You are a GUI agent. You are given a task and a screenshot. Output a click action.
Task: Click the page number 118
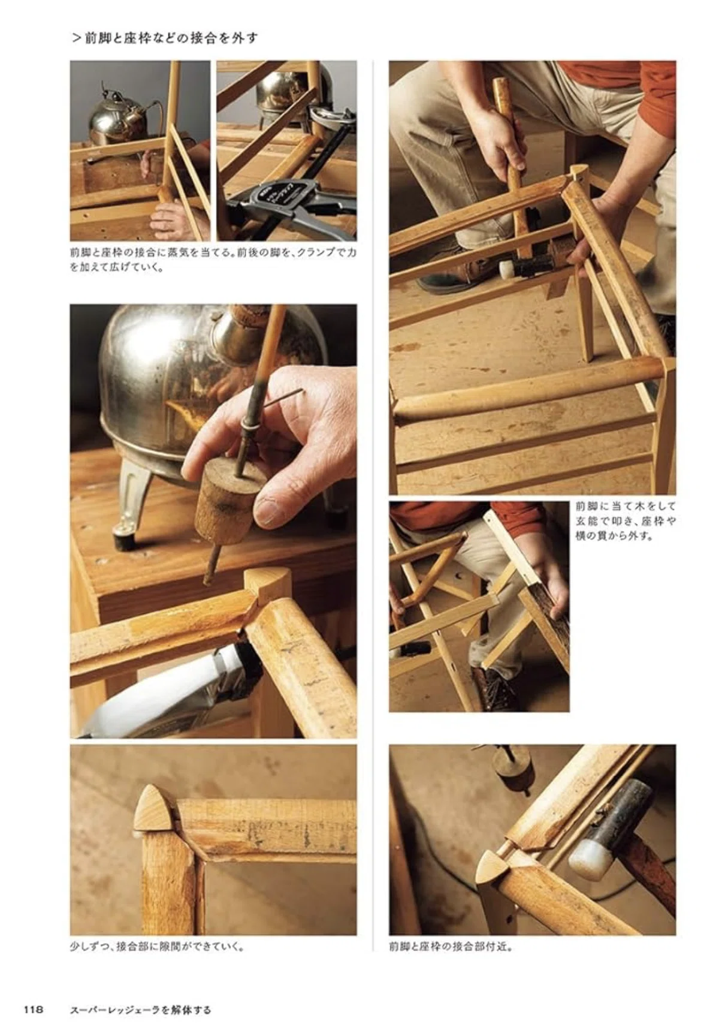(34, 1010)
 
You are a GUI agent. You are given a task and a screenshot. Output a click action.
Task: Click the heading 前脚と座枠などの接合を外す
(171, 38)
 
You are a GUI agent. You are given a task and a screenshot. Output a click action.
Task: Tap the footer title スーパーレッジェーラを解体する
(141, 1010)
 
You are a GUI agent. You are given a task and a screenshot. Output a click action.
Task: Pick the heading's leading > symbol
(75, 38)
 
